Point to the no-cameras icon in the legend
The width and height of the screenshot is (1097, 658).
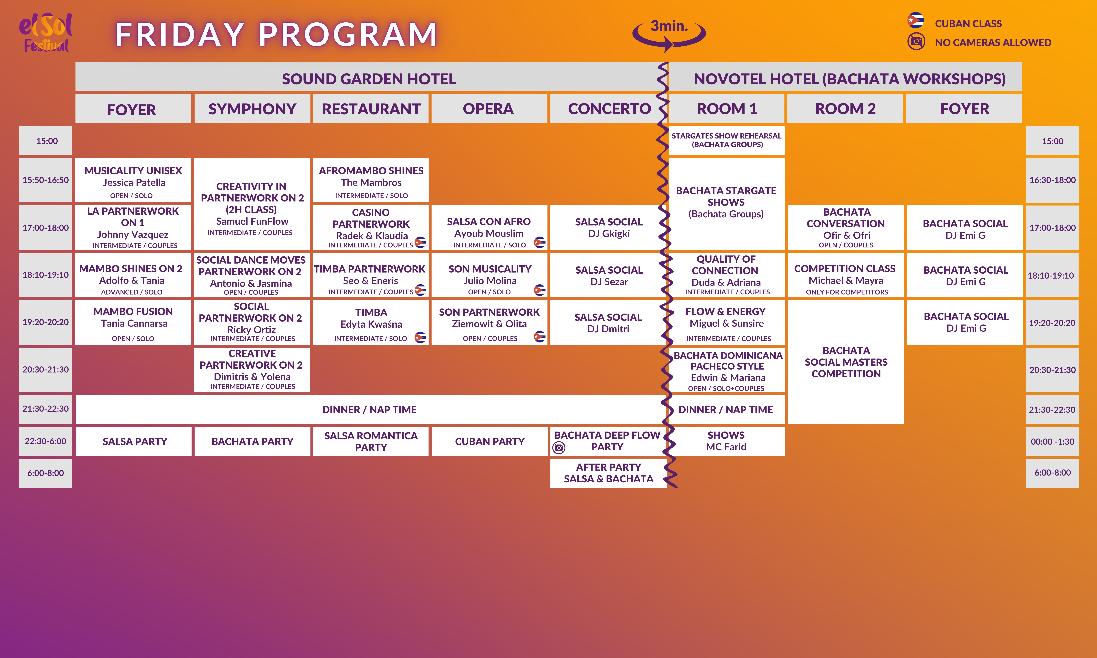point(916,42)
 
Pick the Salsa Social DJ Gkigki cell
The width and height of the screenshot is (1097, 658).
point(608,227)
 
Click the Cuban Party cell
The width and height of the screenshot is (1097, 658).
point(490,441)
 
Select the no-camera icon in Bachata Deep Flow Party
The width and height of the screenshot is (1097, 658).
point(559,448)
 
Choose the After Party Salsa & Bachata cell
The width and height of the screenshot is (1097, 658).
point(608,473)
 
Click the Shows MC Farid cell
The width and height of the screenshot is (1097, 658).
point(726,441)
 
